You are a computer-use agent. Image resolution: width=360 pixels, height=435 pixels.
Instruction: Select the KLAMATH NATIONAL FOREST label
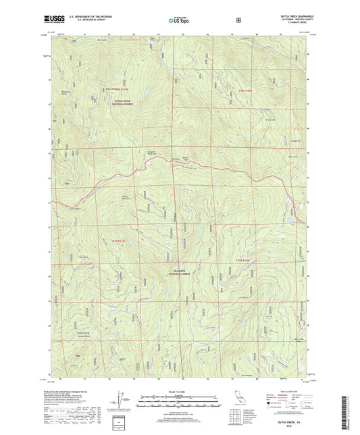click(x=180, y=273)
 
